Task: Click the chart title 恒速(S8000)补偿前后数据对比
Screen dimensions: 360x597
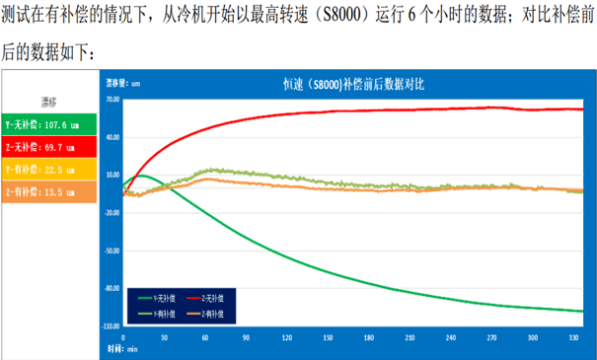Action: (350, 86)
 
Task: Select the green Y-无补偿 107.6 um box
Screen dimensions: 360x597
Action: (49, 125)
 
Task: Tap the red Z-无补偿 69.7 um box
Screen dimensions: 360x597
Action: (49, 147)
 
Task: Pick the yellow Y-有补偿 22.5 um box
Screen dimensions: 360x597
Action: (49, 170)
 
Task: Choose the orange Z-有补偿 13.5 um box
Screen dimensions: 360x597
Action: (49, 192)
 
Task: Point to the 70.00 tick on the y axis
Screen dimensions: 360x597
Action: (111, 100)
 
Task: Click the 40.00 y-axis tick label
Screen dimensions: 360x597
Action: (111, 137)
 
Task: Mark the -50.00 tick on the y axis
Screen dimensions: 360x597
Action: (111, 251)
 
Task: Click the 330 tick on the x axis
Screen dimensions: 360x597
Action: (573, 336)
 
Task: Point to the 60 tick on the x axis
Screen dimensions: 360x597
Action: (204, 336)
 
